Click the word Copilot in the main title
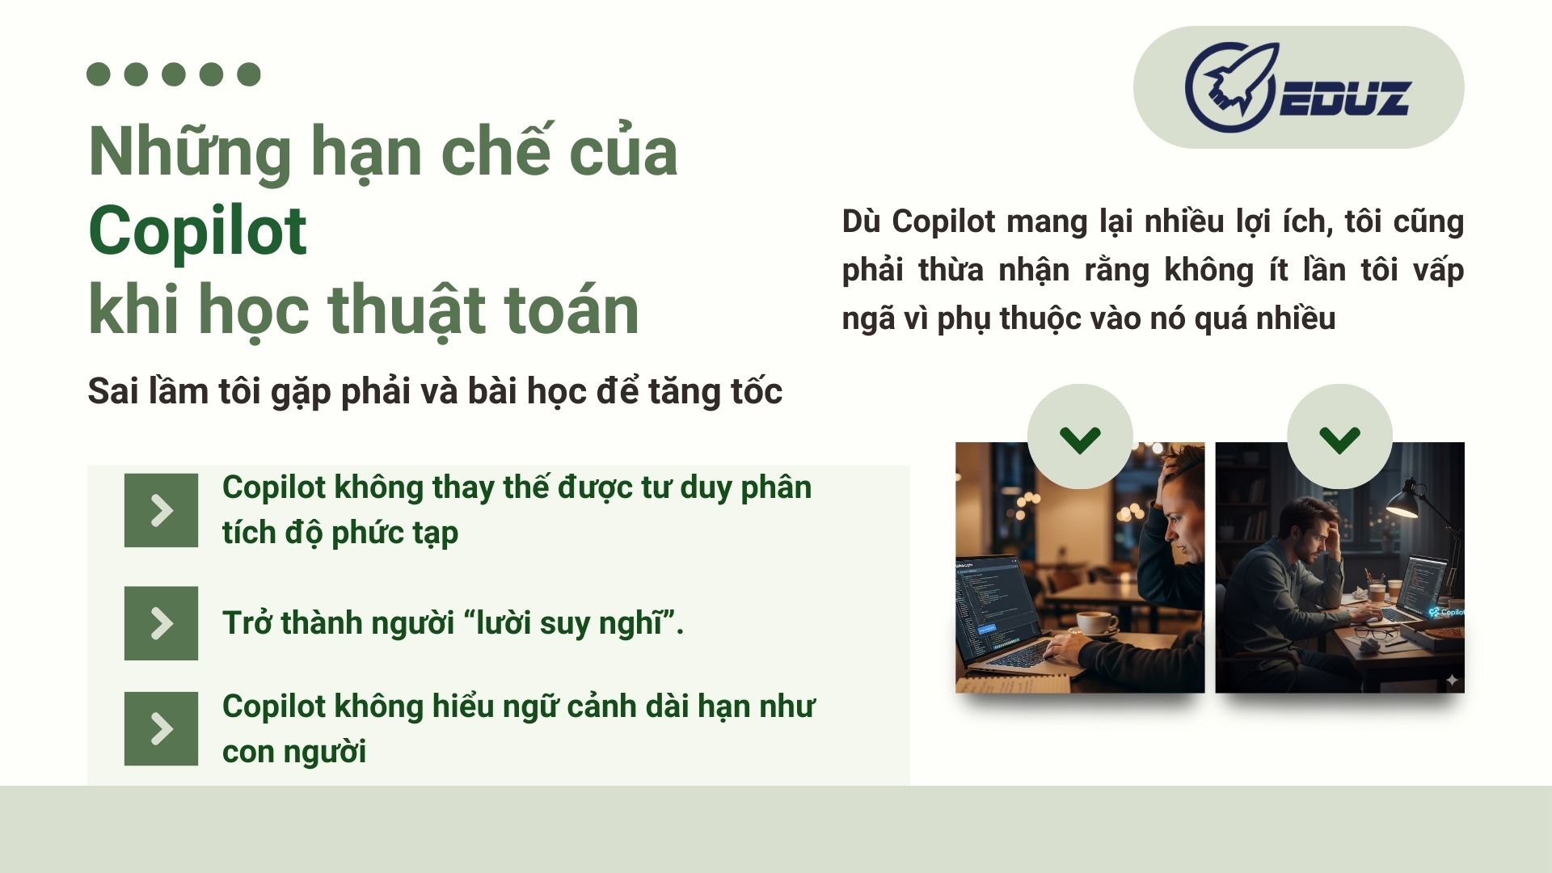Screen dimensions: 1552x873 click(197, 231)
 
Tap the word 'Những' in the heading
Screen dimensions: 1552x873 click(190, 152)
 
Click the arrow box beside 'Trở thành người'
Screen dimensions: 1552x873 click(161, 623)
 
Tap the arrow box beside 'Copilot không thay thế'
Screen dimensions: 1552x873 click(161, 510)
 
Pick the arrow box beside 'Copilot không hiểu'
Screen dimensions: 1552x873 click(161, 728)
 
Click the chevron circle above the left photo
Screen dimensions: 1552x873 click(1080, 436)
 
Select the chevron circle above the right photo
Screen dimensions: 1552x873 click(1339, 436)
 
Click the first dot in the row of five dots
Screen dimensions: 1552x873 click(99, 74)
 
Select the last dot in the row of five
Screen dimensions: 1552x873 click(249, 74)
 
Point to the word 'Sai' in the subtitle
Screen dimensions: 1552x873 click(113, 391)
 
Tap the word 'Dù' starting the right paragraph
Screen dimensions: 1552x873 click(861, 221)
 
